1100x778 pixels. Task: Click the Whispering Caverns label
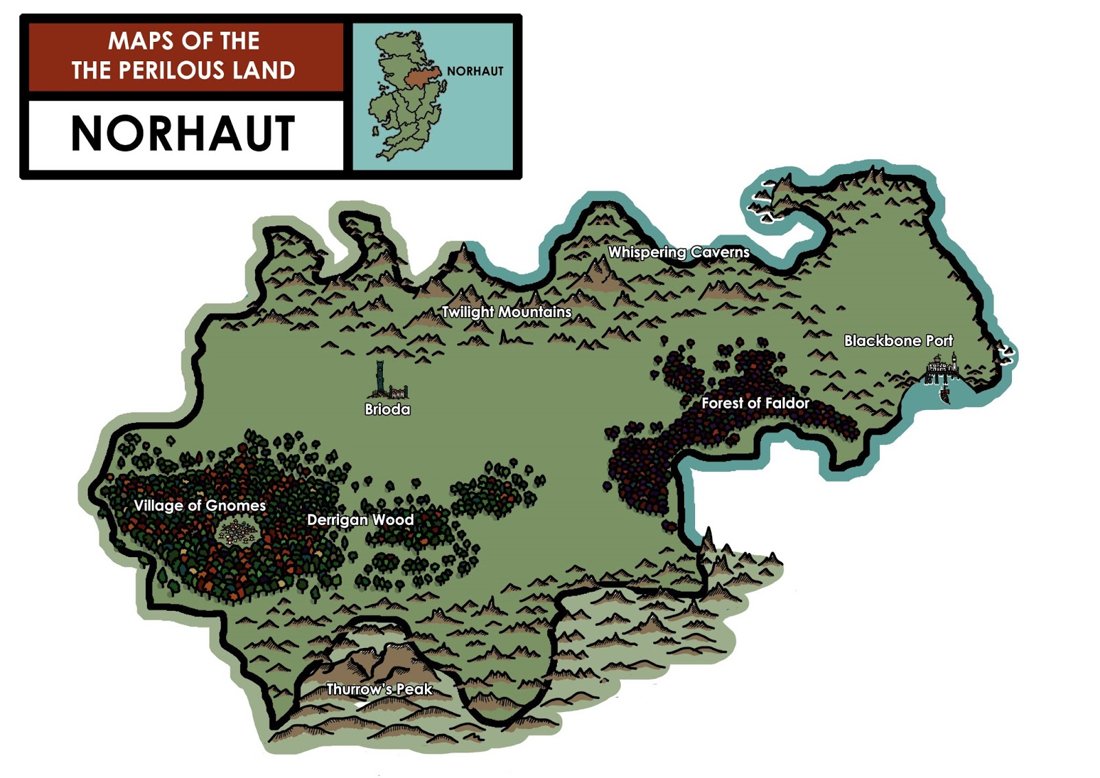tap(679, 252)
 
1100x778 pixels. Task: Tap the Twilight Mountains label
tap(506, 312)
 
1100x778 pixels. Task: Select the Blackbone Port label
tap(898, 341)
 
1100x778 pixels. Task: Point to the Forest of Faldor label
tap(755, 403)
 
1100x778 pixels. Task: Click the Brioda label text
tap(387, 409)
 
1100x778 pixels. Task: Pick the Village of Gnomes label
tap(199, 506)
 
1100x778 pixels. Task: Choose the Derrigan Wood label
tap(360, 520)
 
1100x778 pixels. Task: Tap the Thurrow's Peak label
tap(379, 689)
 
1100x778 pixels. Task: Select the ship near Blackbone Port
tap(945, 393)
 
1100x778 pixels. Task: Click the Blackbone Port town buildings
tap(942, 368)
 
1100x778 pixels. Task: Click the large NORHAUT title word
tap(183, 134)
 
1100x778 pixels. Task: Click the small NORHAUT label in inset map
tap(475, 72)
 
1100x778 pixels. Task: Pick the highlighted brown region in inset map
tap(421, 76)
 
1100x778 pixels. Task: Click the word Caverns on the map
tap(720, 252)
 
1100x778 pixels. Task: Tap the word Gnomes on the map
tap(235, 506)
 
